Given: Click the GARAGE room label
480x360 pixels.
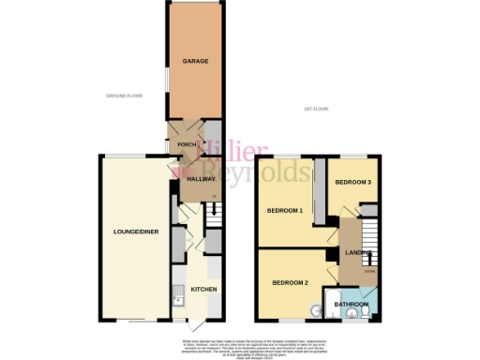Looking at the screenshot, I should [195, 62].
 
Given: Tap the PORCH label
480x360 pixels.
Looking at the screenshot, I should [187, 144].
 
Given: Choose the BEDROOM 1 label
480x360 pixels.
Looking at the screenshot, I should [285, 211].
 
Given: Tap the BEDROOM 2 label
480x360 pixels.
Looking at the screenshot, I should [291, 282].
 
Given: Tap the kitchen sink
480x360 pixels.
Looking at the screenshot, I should [178, 299].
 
